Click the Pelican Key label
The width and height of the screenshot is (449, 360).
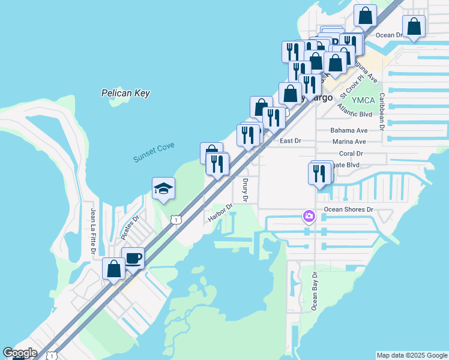pyautogui.click(x=125, y=94)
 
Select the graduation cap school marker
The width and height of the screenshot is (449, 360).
pyautogui.click(x=163, y=190)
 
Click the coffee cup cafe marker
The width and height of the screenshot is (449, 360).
pyautogui.click(x=133, y=259)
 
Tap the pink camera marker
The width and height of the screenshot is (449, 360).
pyautogui.click(x=309, y=215)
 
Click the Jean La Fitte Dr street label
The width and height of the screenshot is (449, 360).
pyautogui.click(x=93, y=230)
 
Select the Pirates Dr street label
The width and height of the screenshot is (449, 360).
pyautogui.click(x=130, y=227)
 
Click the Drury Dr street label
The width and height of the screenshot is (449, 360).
pyautogui.click(x=245, y=190)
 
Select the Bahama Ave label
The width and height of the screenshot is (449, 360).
pyautogui.click(x=349, y=130)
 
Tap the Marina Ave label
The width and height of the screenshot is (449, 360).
pyautogui.click(x=349, y=142)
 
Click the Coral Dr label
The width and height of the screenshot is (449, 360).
pyautogui.click(x=352, y=153)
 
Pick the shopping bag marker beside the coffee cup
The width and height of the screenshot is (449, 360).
pyautogui.click(x=114, y=269)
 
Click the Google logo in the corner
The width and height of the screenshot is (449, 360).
pyautogui.click(x=20, y=353)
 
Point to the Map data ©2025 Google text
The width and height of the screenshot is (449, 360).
pyautogui.click(x=411, y=355)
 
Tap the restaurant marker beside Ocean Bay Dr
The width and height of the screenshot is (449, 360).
pyautogui.click(x=319, y=173)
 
